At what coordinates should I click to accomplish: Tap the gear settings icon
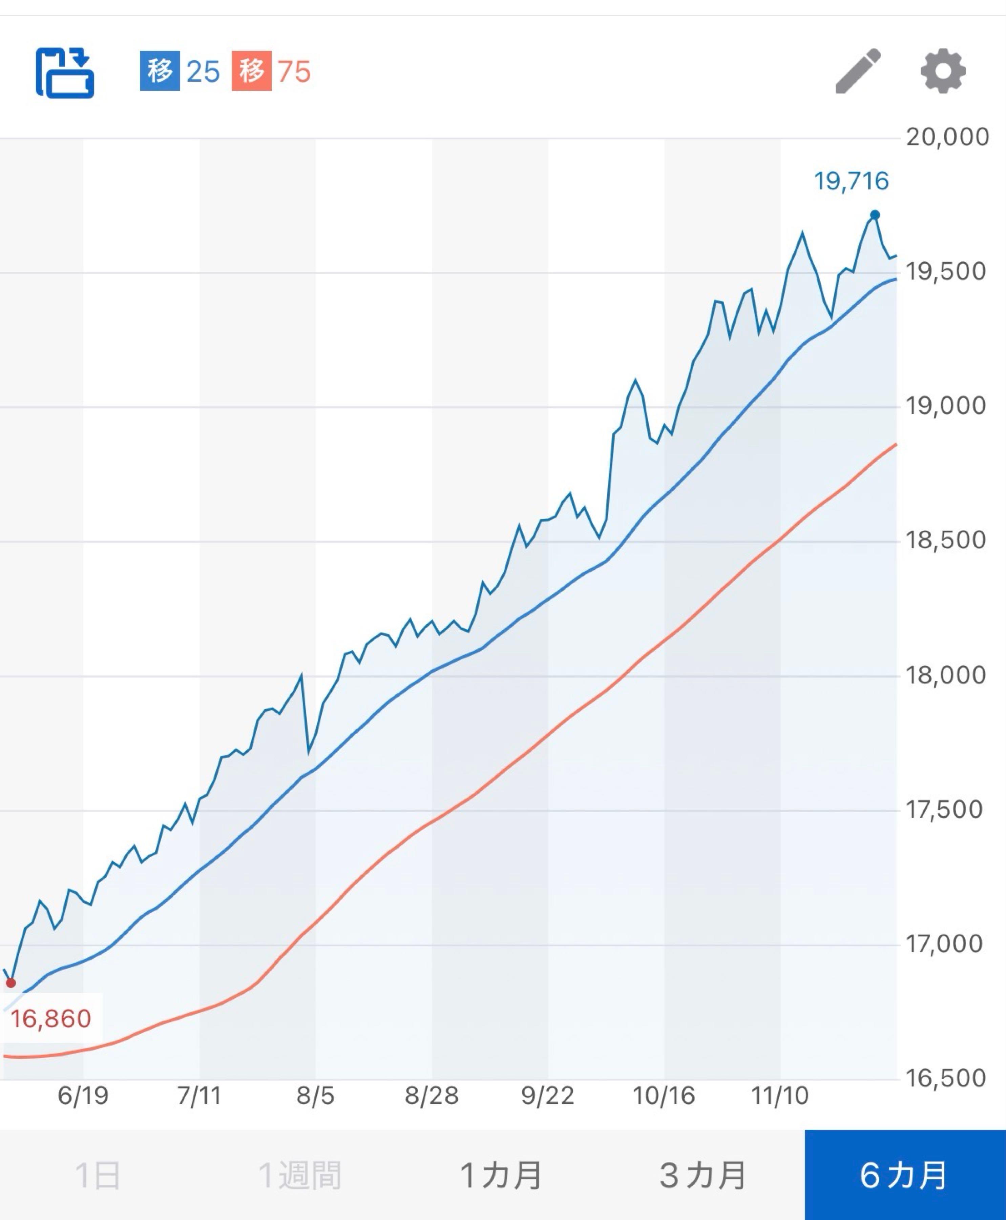coord(943,71)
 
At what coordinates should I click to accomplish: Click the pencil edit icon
coord(858,71)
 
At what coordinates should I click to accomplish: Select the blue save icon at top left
coord(65,73)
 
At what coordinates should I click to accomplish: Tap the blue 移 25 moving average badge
coord(180,71)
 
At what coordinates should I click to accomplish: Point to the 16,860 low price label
coord(51,1019)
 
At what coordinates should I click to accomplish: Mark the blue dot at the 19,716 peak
coord(875,215)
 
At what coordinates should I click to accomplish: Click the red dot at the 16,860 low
coord(11,983)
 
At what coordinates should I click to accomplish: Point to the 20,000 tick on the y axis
coord(947,138)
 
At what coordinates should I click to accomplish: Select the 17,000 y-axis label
coord(945,944)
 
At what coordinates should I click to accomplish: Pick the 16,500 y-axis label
coord(945,1078)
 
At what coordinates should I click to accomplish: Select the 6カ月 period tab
coord(905,1175)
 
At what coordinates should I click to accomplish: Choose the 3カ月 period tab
coord(703,1175)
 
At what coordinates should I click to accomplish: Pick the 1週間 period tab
coord(299,1175)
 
